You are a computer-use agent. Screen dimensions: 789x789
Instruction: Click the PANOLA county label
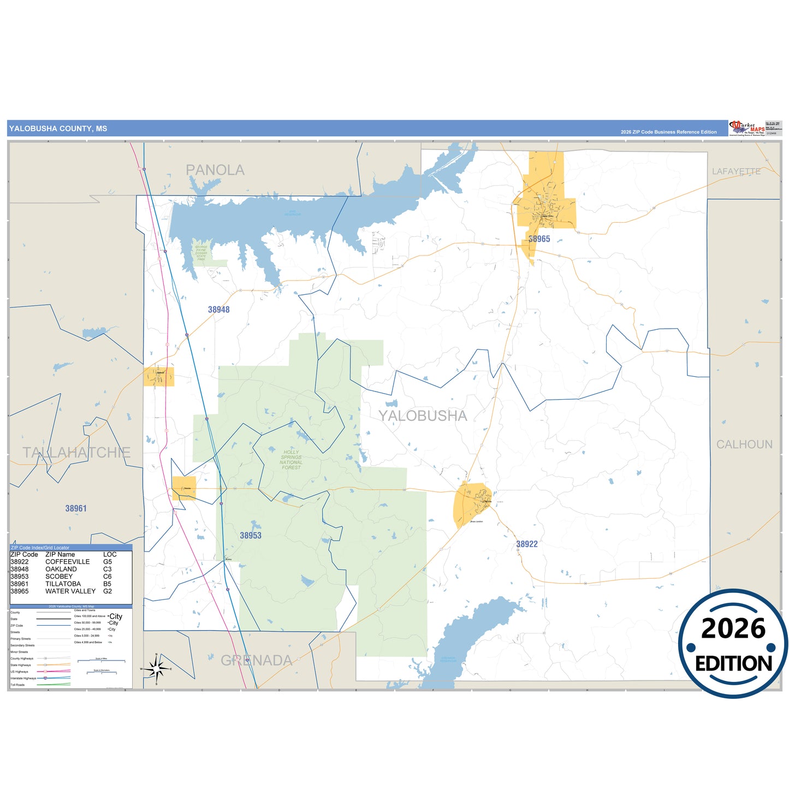point(215,170)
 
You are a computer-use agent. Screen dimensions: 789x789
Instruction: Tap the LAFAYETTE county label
point(736,171)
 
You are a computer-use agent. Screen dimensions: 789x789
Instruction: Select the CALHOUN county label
point(744,444)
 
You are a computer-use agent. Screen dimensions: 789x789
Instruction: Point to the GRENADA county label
point(256,661)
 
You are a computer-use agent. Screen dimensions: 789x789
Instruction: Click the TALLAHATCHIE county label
point(76,452)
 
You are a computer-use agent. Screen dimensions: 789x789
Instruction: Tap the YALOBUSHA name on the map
point(423,416)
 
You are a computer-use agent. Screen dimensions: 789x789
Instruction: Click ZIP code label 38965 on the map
point(539,239)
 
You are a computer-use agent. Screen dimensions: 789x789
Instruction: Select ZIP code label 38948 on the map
point(219,310)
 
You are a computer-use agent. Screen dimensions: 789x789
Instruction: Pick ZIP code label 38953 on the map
point(251,536)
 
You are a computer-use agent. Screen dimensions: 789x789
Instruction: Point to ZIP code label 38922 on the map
point(527,544)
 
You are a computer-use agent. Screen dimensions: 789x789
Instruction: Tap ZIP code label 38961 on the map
point(76,508)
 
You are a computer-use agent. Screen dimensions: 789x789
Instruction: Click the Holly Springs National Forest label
point(291,460)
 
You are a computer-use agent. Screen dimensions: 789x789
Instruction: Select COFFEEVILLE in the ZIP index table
point(67,562)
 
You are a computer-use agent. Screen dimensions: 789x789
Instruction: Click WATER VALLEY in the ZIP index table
point(70,591)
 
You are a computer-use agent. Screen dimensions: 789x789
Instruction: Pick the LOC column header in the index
point(110,554)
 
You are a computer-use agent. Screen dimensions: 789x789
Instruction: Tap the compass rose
point(156,668)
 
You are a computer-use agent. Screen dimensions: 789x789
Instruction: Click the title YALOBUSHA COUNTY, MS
point(58,129)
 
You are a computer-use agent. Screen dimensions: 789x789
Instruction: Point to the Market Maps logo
point(746,128)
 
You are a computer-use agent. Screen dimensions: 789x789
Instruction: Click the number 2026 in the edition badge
point(733,629)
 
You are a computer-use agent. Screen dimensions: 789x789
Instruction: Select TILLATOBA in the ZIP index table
point(63,584)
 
